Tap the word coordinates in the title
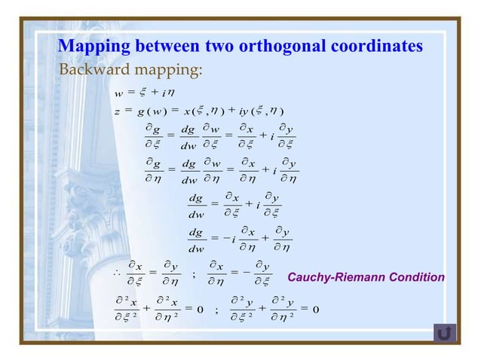pyautogui.click(x=375, y=46)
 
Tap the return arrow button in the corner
pyautogui.click(x=445, y=332)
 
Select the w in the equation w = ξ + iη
pyautogui.click(x=118, y=93)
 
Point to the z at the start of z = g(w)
pyautogui.click(x=118, y=112)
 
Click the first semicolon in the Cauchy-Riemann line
pyautogui.click(x=195, y=274)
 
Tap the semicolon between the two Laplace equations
pyautogui.click(x=216, y=310)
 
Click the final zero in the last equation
pyautogui.click(x=315, y=309)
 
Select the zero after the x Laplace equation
pyautogui.click(x=199, y=309)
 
